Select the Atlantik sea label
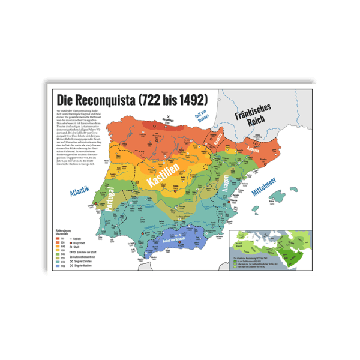pyautogui.click(x=79, y=193)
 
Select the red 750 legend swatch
pyautogui.click(x=59, y=237)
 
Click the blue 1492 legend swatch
pyautogui.click(x=59, y=264)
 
